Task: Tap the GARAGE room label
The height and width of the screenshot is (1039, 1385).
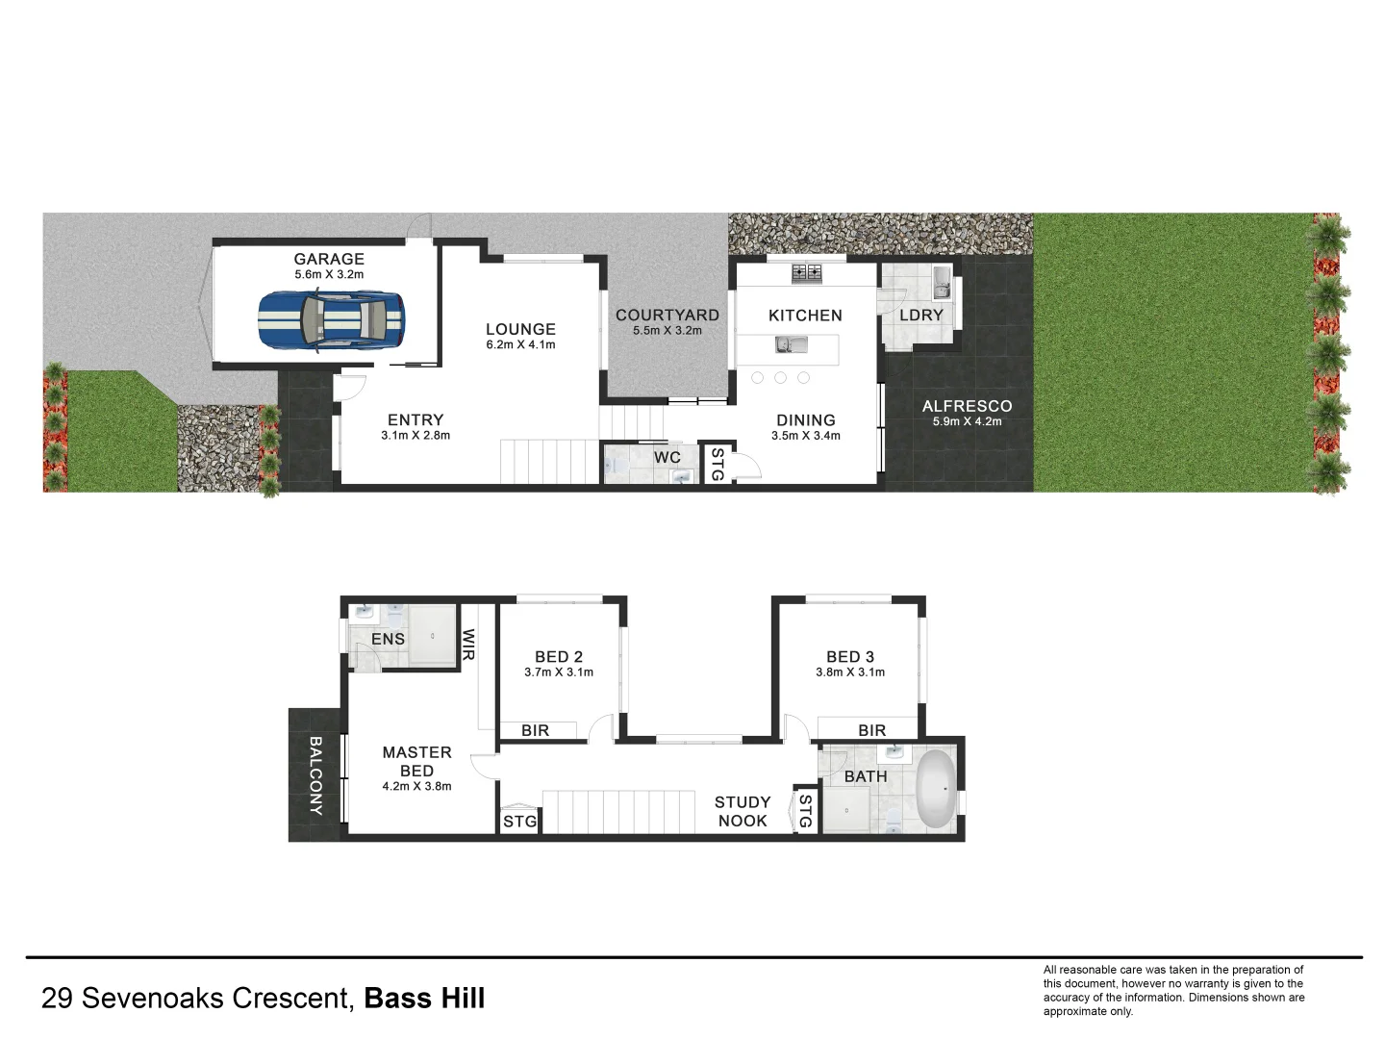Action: coord(329,259)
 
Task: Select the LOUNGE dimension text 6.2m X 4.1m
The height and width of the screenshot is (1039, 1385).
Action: coord(520,344)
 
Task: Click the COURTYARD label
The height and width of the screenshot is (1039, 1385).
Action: coord(667,315)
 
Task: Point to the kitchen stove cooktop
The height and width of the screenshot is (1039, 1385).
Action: coord(806,273)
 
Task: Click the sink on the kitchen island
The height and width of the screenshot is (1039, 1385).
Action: coord(786,344)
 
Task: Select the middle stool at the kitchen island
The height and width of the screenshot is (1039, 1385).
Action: coord(780,377)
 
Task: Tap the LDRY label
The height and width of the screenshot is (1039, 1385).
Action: coord(920,315)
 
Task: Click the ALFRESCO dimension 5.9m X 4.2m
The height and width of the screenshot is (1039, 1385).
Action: coord(967,421)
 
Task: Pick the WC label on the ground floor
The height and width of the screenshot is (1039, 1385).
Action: coord(667,457)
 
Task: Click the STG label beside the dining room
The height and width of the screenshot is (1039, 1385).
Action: coord(717,464)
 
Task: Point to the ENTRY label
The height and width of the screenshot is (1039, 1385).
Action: coord(415,419)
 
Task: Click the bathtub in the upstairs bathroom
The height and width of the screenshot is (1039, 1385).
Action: coord(934,790)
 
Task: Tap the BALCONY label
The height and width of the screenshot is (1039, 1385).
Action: coord(315,775)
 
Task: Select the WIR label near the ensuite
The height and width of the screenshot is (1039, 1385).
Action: coord(469,644)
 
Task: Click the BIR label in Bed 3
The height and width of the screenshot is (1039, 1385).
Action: coord(871,730)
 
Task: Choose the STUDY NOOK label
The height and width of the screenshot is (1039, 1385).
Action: coord(743,811)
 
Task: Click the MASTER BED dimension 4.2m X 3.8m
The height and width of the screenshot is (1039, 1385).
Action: coord(416,786)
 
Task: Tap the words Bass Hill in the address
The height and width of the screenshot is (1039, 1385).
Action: coord(424,999)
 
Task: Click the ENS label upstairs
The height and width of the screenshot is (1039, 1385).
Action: coord(388,639)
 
